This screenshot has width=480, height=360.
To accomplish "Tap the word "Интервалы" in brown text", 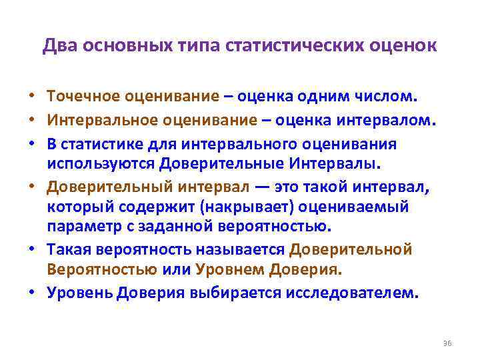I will point(334,163).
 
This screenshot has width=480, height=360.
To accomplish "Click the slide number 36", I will point(447,343).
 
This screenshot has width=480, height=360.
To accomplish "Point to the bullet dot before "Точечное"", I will point(32,97).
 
